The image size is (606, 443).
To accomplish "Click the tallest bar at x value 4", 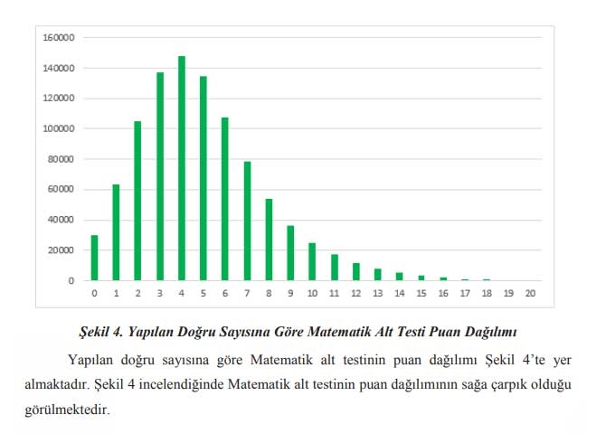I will coord(182,168).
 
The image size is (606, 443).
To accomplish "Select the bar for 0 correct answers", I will coord(94,258).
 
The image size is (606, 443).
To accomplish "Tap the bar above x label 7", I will coord(247,221).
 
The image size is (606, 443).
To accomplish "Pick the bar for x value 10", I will coord(312,261).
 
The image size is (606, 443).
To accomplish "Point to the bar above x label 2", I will coord(137,188).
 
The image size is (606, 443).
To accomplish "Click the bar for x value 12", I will coord(355,271).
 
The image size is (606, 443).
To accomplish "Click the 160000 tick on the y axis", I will coord(57,38).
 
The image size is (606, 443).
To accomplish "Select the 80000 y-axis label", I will coord(60,159).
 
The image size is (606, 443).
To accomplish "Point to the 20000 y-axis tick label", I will coord(60,250).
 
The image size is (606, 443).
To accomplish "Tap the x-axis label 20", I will coord(530,294).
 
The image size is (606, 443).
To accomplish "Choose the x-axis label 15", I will coord(421,294).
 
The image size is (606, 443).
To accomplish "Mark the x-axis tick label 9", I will coord(290,294).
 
